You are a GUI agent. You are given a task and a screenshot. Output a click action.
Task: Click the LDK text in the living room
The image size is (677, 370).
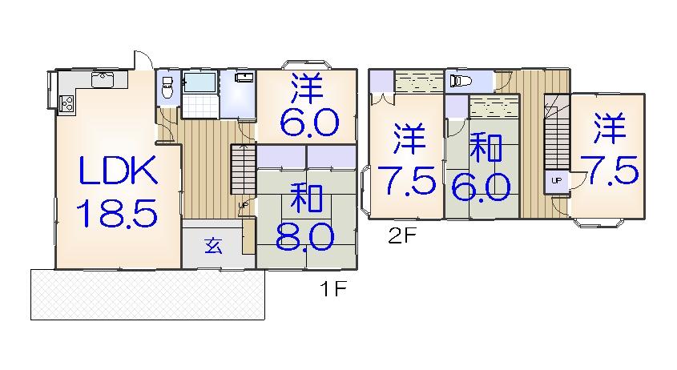pyautogui.click(x=117, y=172)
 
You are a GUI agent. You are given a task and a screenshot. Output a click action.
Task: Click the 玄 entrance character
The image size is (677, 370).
pyautogui.click(x=212, y=246)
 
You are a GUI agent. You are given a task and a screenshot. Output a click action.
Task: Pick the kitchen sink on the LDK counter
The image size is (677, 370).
pyautogui.click(x=104, y=78)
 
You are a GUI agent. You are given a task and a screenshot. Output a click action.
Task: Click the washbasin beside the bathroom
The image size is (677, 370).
pyautogui.click(x=244, y=78)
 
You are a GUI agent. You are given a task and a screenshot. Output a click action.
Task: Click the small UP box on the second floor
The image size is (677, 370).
pyautogui.click(x=556, y=181)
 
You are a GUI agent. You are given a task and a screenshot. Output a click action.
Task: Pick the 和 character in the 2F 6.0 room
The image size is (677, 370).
pyautogui.click(x=486, y=150)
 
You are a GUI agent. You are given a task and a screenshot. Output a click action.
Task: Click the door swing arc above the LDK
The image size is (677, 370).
pyautogui.click(x=142, y=61)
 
